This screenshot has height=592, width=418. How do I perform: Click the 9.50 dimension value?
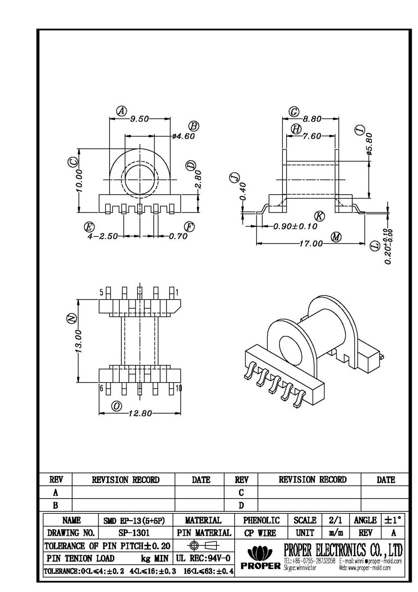point(139,119)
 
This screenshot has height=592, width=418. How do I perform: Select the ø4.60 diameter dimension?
point(183,136)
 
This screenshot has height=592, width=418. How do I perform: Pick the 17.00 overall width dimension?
point(311,244)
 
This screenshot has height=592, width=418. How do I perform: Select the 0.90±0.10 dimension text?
point(295,227)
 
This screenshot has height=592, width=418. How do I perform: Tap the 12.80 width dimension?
point(140,414)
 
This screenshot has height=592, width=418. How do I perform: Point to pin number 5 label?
point(101,292)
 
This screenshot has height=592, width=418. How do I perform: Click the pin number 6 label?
point(101,388)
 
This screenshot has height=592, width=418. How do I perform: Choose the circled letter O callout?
point(117,406)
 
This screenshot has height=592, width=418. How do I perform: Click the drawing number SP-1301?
point(134,533)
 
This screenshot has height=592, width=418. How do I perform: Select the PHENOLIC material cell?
point(261,520)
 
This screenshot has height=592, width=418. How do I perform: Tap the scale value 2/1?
point(332,520)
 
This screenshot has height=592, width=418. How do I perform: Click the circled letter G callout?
point(294,112)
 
